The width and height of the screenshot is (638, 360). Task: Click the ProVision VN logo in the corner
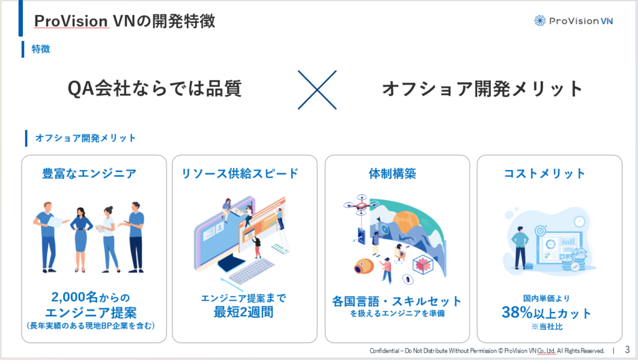point(573,21)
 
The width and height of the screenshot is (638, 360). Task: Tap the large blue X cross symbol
point(317,90)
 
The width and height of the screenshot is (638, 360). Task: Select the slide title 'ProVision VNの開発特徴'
point(125,21)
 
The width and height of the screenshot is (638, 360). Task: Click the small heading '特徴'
point(40,49)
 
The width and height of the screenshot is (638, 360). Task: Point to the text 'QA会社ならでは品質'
point(155,88)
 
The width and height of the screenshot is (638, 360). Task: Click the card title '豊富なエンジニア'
point(89,174)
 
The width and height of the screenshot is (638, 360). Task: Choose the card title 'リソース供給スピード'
point(240,174)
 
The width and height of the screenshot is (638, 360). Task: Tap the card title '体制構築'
point(393,174)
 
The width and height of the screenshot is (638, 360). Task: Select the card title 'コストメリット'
point(545,174)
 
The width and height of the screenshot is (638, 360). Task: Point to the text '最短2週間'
point(244,313)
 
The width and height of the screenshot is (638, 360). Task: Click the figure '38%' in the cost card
point(517,313)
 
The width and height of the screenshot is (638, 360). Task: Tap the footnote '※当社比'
point(547,326)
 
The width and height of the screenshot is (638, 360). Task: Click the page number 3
point(627,350)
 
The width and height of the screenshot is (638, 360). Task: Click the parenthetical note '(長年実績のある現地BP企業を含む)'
point(91,326)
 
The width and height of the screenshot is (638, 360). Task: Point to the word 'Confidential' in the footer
point(384,351)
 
